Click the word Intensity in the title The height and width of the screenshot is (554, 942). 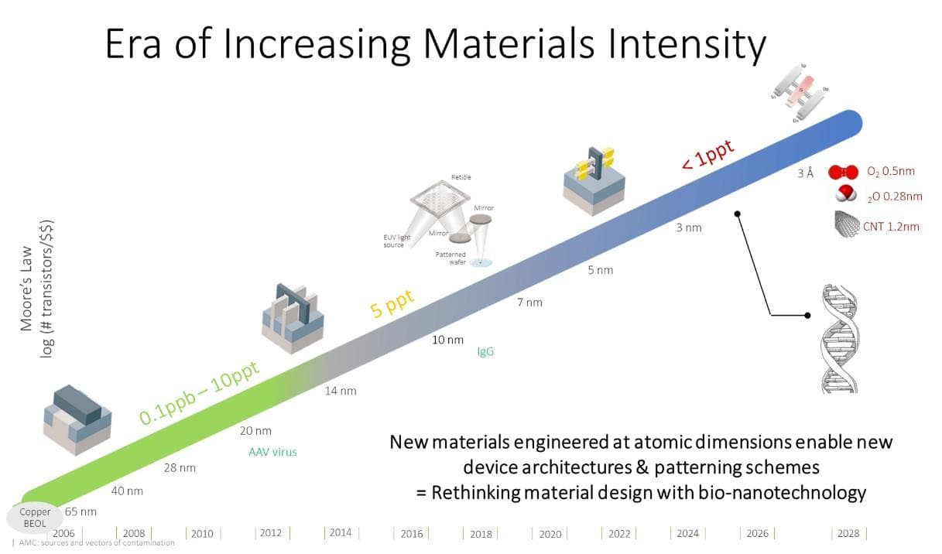click(674, 45)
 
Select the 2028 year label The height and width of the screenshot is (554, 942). click(848, 533)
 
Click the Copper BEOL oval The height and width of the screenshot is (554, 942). click(35, 517)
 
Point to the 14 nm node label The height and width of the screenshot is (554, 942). click(340, 391)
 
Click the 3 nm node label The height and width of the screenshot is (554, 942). click(688, 227)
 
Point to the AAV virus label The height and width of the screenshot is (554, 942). click(272, 452)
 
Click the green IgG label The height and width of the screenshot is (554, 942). click(485, 352)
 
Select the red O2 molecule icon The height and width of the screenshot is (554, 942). click(843, 173)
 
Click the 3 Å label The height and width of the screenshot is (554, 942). click(806, 173)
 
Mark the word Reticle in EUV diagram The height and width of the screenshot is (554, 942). click(461, 178)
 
